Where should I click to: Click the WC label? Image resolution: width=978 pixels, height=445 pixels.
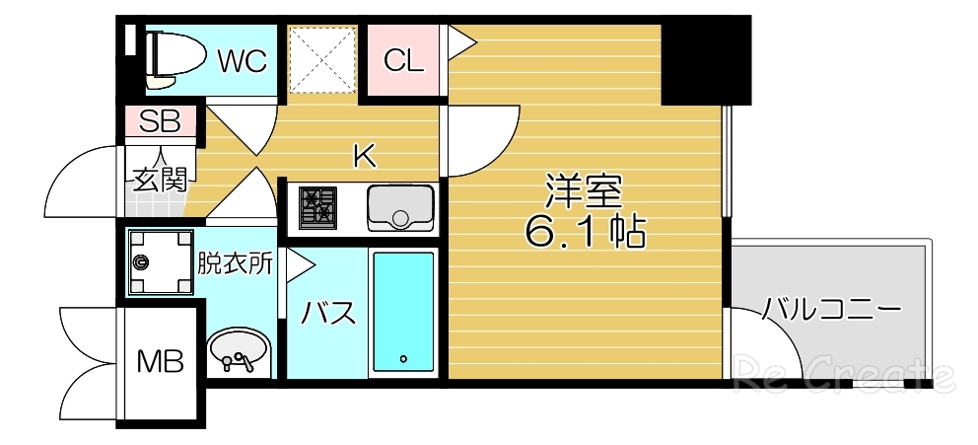coord(243,61)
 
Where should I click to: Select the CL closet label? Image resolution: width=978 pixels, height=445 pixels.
coord(403,61)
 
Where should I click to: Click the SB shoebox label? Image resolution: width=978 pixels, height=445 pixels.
coord(159,122)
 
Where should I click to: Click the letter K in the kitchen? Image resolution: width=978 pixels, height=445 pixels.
coord(365,155)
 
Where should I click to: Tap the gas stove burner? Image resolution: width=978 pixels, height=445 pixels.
coord(318,205)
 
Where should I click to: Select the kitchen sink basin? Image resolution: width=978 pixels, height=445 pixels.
coord(400,205)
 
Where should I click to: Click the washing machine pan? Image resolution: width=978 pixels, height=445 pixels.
coord(158,262)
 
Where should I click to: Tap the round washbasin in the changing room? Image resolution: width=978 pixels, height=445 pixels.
coord(238,349)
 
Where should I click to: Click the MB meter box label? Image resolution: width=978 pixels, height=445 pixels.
coord(160,362)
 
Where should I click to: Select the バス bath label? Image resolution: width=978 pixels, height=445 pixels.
coord(327,314)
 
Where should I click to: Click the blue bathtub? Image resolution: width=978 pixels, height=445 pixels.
coord(402,311)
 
